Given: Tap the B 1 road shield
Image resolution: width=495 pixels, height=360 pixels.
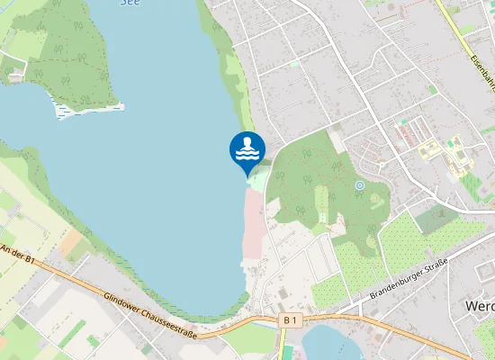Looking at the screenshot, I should [x=289, y=319].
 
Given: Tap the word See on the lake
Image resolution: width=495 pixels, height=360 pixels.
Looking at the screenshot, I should [x=130, y=3].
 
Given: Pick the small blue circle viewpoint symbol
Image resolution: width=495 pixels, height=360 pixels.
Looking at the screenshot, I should [x=359, y=185].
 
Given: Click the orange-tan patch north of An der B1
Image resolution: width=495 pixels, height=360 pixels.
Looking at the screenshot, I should [x=77, y=244].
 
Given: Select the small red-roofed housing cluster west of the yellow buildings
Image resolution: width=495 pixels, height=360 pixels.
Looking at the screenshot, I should [x=409, y=136].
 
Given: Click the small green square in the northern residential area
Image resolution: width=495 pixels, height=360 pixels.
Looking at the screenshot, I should [x=293, y=64].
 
